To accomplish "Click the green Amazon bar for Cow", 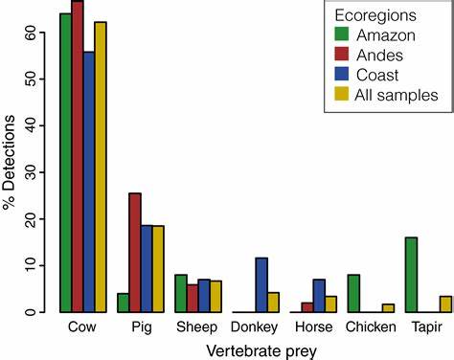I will pos(66,163).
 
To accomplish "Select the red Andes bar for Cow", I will pos(78,157).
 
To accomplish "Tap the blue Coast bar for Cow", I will pos(89,182).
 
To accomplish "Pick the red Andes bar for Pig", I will pos(135,253).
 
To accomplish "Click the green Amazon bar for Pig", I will pos(124,303).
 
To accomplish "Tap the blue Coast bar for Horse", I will pos(319,296).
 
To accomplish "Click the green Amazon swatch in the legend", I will pos(342,35).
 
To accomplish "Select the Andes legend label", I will pos(381,56).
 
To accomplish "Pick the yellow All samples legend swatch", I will pos(342,94).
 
